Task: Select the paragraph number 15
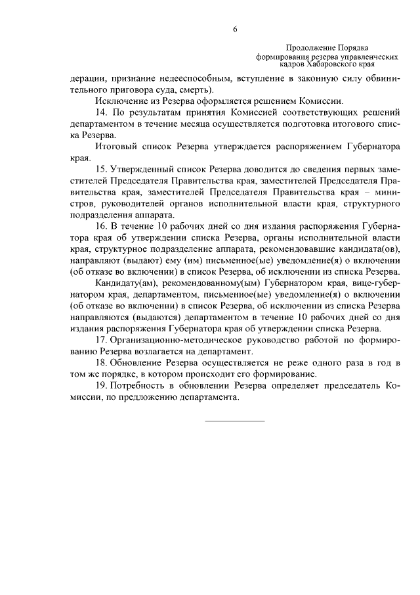[100, 172]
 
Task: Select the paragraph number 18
[100, 362]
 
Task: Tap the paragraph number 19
[100, 386]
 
